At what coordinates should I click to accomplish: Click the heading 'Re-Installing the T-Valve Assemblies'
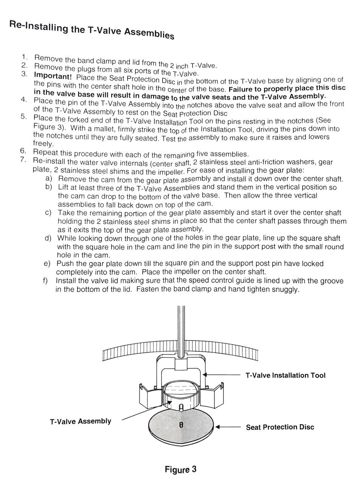[92, 29]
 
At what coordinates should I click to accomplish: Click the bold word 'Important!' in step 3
[53, 75]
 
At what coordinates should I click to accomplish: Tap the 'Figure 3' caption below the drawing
[180, 469]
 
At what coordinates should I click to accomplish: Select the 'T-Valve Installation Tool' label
[285, 375]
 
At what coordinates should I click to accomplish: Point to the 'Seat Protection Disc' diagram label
[280, 427]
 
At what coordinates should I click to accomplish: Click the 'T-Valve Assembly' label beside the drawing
[81, 421]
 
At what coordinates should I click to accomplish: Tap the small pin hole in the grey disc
[181, 425]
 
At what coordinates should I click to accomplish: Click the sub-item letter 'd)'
[48, 238]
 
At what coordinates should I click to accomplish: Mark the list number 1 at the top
[25, 57]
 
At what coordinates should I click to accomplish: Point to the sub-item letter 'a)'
[49, 178]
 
